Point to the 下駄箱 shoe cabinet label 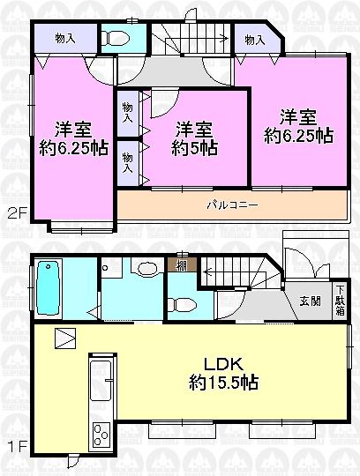coord(340,301)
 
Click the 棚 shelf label coord(180,265)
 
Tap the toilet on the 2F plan coord(113,38)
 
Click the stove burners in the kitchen coord(100,435)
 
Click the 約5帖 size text coord(194,147)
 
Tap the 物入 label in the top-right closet coord(255,40)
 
